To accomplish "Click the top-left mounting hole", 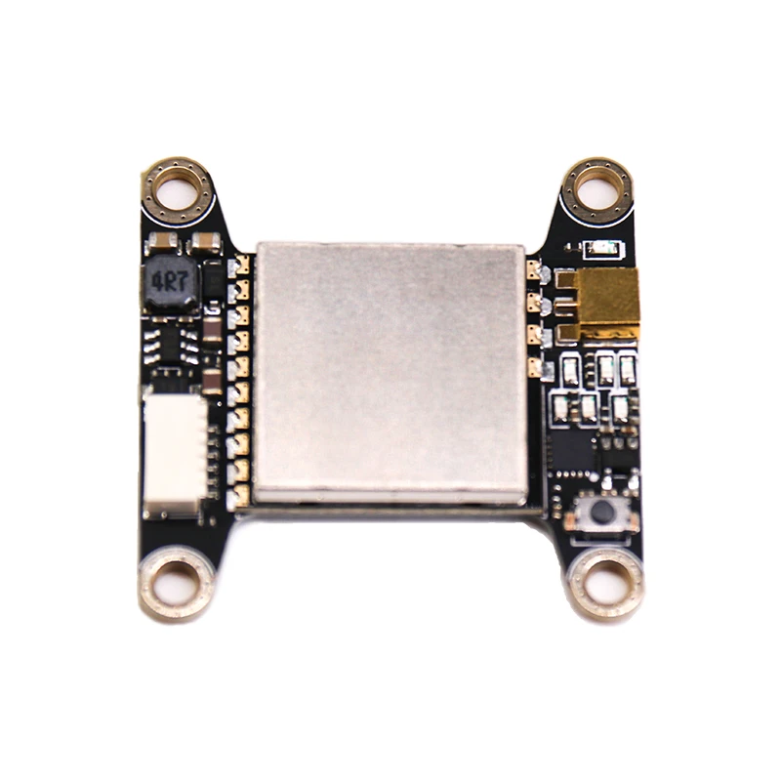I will click(177, 188).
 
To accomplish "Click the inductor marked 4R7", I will click(169, 284).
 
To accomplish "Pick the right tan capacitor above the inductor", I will click(206, 240).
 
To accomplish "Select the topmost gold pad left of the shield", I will click(243, 264).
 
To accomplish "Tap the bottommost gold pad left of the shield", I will click(243, 496).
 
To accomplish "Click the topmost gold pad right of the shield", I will click(533, 269).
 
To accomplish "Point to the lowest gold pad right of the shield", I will click(533, 369).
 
